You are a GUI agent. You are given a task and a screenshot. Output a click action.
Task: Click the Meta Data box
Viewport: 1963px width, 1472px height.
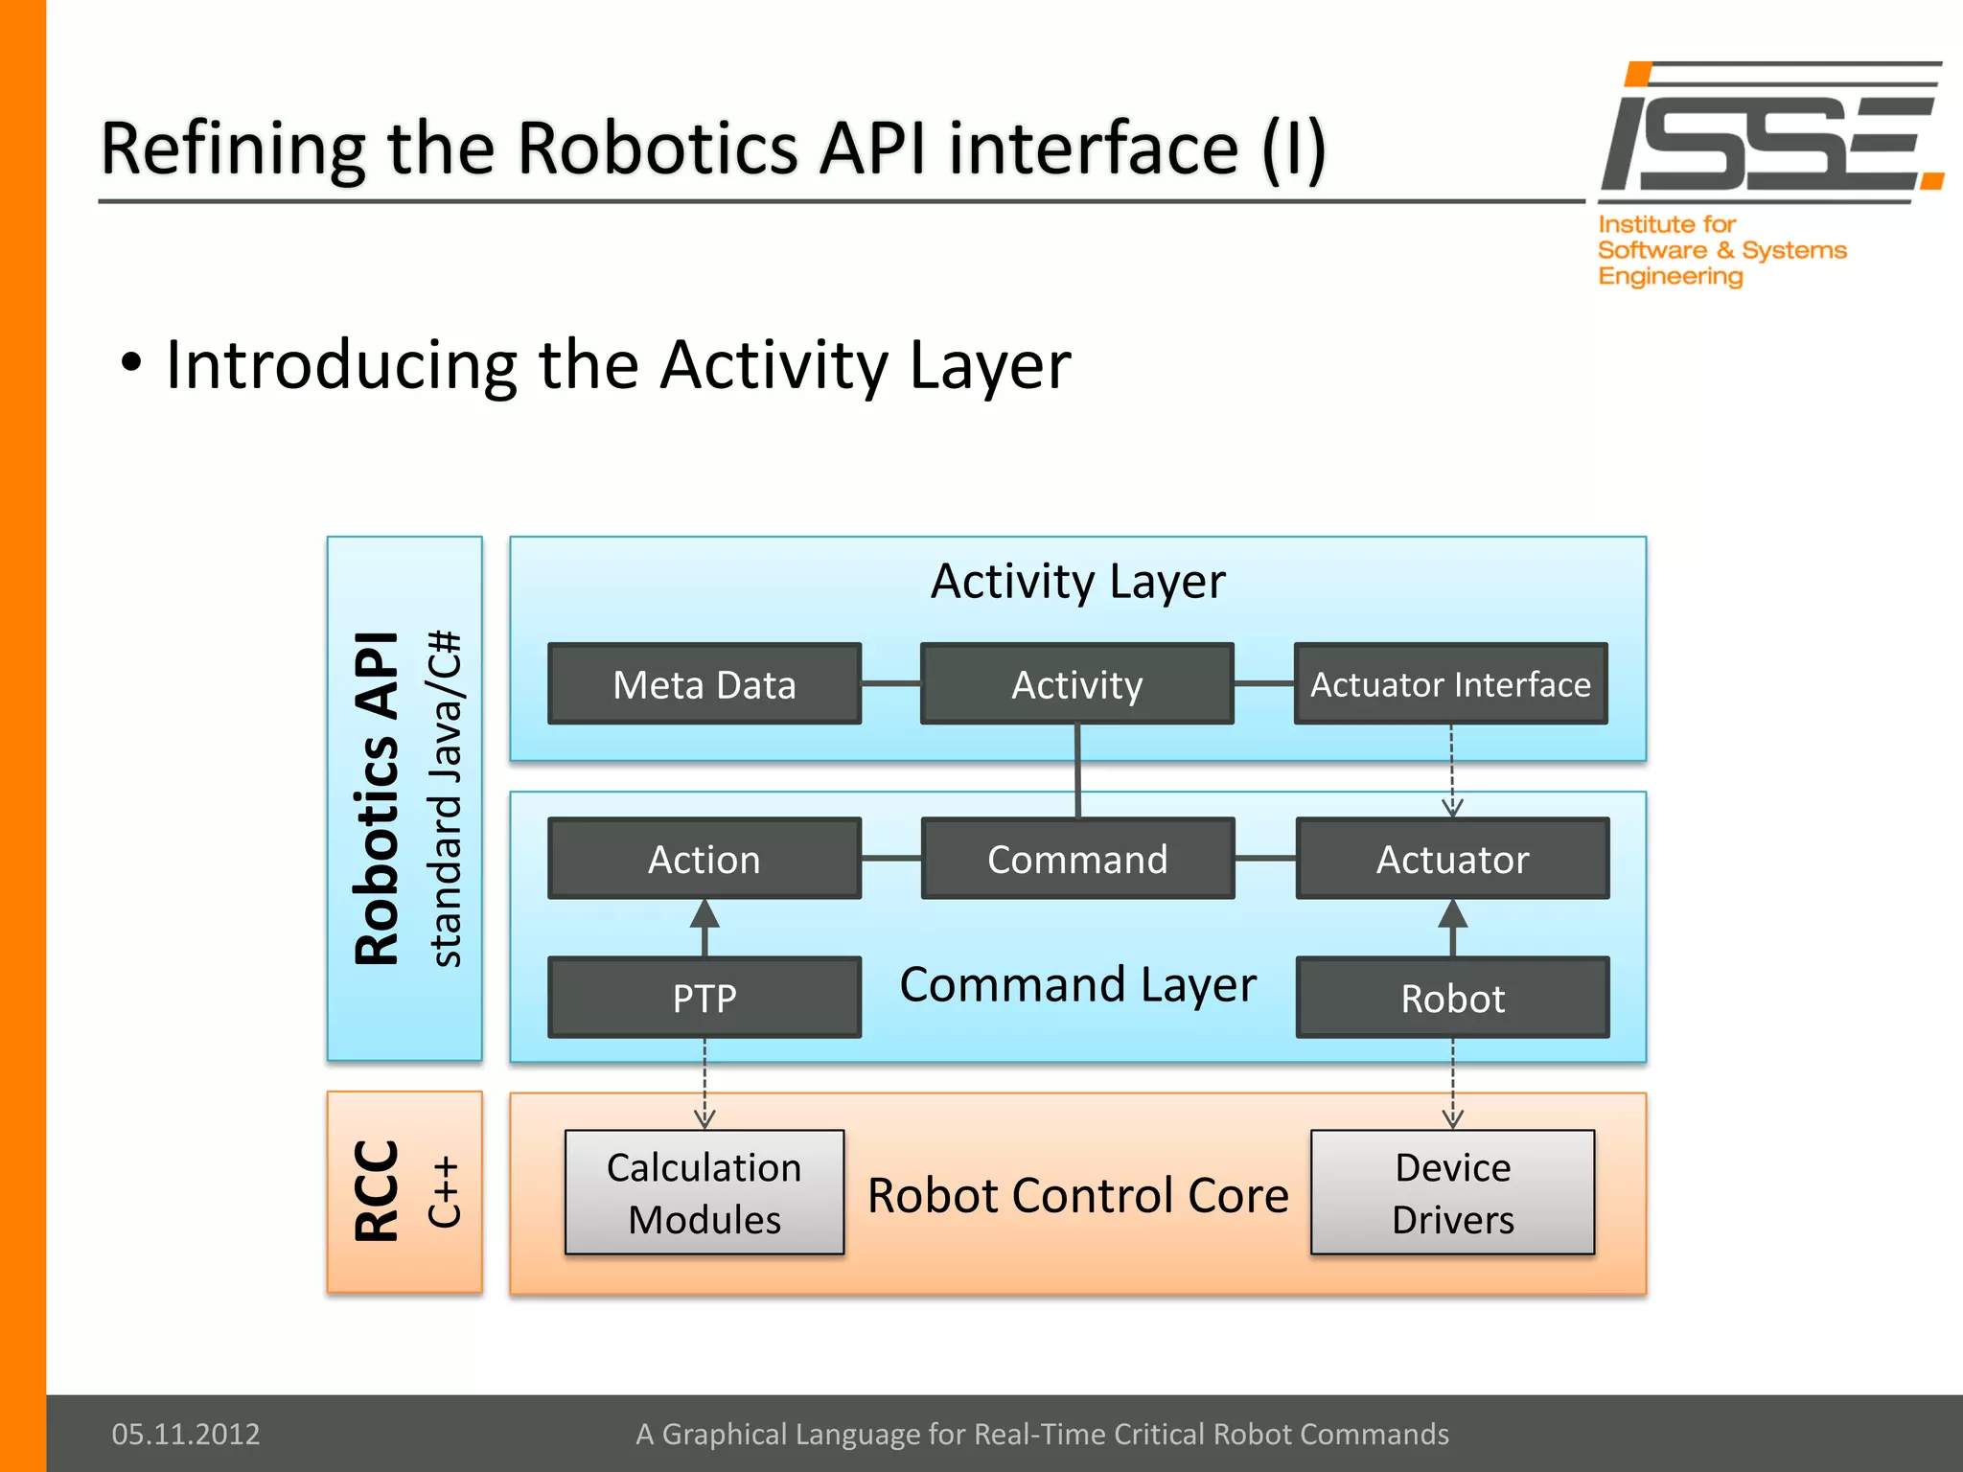[x=704, y=684]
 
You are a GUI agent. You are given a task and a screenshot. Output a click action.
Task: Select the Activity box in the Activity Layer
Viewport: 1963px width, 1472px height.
[x=1076, y=684]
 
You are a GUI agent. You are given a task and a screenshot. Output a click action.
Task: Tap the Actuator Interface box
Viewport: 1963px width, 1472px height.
[x=1450, y=684]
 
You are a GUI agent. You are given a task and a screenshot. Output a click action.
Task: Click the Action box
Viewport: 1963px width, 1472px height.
[x=704, y=859]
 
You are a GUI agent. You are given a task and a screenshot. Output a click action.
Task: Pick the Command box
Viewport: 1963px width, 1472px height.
[x=1077, y=859]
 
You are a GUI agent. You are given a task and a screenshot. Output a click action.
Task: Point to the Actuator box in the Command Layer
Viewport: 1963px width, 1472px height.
[x=1452, y=859]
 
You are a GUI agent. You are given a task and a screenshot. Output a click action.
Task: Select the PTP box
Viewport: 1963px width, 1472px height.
[x=704, y=998]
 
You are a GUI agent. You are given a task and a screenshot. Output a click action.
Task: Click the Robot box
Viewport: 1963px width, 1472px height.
[x=1452, y=998]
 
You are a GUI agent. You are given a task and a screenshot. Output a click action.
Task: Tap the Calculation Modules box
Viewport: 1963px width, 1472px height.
[x=704, y=1192]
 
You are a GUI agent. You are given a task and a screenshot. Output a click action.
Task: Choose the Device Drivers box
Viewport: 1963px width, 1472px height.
[x=1452, y=1192]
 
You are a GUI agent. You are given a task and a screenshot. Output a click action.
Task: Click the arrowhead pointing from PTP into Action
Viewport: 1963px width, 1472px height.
[x=704, y=914]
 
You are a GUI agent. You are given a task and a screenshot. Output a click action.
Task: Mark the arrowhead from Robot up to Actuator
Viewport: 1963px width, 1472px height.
[x=1452, y=914]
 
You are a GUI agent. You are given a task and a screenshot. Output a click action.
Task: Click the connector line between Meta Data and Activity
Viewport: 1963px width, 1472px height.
[x=890, y=684]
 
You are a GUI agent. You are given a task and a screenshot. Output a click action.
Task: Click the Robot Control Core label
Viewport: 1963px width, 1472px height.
[x=1077, y=1195]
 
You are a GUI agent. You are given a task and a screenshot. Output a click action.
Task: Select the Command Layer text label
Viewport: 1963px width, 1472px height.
[x=1077, y=985]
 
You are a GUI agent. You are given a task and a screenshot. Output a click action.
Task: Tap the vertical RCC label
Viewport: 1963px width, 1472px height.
[x=377, y=1191]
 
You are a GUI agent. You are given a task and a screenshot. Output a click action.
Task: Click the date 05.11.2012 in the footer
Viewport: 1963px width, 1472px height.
[x=186, y=1434]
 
